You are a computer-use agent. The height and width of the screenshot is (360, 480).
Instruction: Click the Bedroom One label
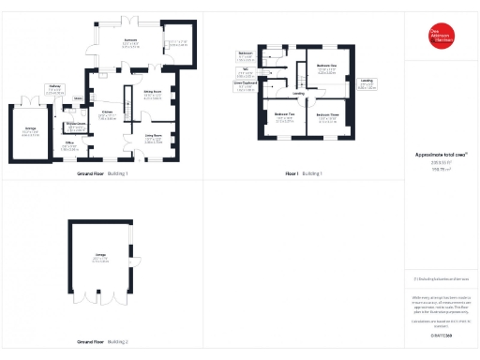pyautogui.click(x=326, y=67)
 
